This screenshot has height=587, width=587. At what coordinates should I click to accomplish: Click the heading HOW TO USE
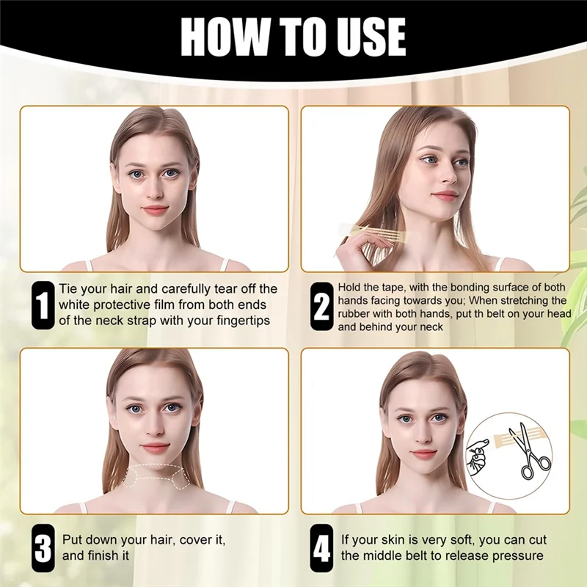tap(293, 35)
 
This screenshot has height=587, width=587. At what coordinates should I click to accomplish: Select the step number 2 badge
tap(321, 305)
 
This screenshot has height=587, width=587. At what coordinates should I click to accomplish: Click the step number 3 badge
tap(43, 547)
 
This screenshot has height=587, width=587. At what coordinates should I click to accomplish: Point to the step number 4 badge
tap(321, 547)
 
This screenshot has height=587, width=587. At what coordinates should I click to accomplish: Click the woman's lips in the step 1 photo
tap(154, 210)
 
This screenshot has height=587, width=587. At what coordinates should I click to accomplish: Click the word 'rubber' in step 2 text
tap(356, 313)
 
